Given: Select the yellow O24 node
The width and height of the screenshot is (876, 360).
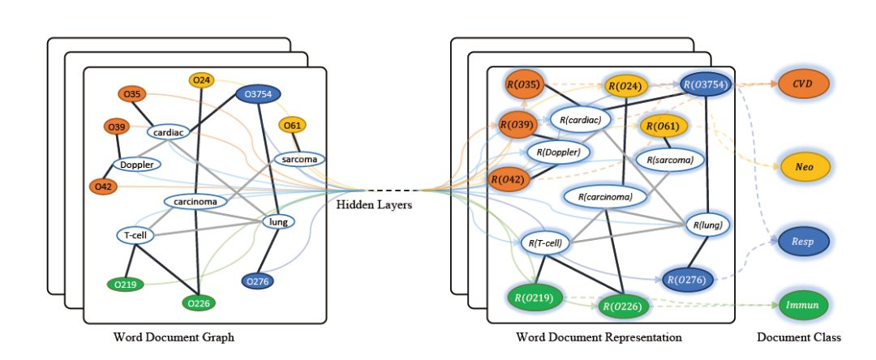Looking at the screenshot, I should [202, 79].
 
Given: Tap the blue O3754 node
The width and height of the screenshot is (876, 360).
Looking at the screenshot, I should [258, 95].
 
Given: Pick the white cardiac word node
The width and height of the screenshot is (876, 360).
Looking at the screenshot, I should [173, 131].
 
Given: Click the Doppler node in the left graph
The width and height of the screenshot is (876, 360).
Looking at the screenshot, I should [137, 165].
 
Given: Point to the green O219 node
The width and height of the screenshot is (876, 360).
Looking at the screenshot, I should [126, 285].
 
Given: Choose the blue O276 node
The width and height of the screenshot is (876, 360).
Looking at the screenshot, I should [257, 281].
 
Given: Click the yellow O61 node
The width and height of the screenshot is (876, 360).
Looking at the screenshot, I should [292, 125].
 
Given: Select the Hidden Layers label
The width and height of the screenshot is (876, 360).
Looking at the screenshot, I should [374, 205].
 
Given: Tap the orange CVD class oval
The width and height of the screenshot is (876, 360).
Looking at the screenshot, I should [803, 84].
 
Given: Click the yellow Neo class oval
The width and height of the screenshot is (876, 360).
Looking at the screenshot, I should [803, 167].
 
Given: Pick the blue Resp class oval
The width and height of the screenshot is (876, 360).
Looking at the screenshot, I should [803, 242].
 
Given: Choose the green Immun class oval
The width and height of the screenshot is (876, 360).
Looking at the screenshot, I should [803, 306].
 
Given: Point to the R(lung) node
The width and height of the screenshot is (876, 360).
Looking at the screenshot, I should [708, 224].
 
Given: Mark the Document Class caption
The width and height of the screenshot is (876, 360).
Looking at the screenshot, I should [798, 336].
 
